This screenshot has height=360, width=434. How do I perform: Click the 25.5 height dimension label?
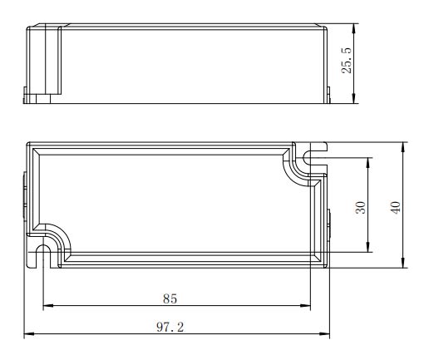[x=347, y=61]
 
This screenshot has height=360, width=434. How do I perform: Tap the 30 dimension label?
[x=361, y=207]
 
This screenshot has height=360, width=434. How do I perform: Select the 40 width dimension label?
[x=395, y=207]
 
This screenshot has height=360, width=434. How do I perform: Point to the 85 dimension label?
[x=170, y=298]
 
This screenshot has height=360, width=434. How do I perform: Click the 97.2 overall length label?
[x=170, y=328]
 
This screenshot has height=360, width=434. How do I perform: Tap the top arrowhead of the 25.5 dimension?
[x=353, y=28]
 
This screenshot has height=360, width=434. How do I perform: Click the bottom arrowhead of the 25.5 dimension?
[x=353, y=99]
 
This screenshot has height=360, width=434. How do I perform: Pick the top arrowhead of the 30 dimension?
[x=367, y=163]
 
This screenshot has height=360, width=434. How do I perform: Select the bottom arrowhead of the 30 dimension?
[x=367, y=248]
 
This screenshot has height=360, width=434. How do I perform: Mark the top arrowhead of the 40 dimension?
[x=403, y=147]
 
